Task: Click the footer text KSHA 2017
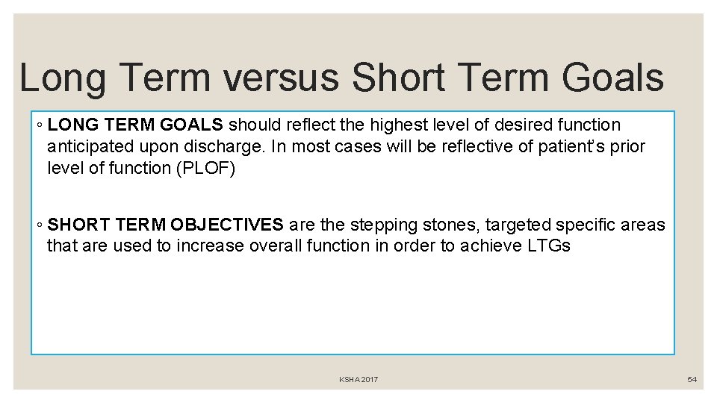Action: tap(358, 380)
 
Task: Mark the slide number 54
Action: tap(692, 380)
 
